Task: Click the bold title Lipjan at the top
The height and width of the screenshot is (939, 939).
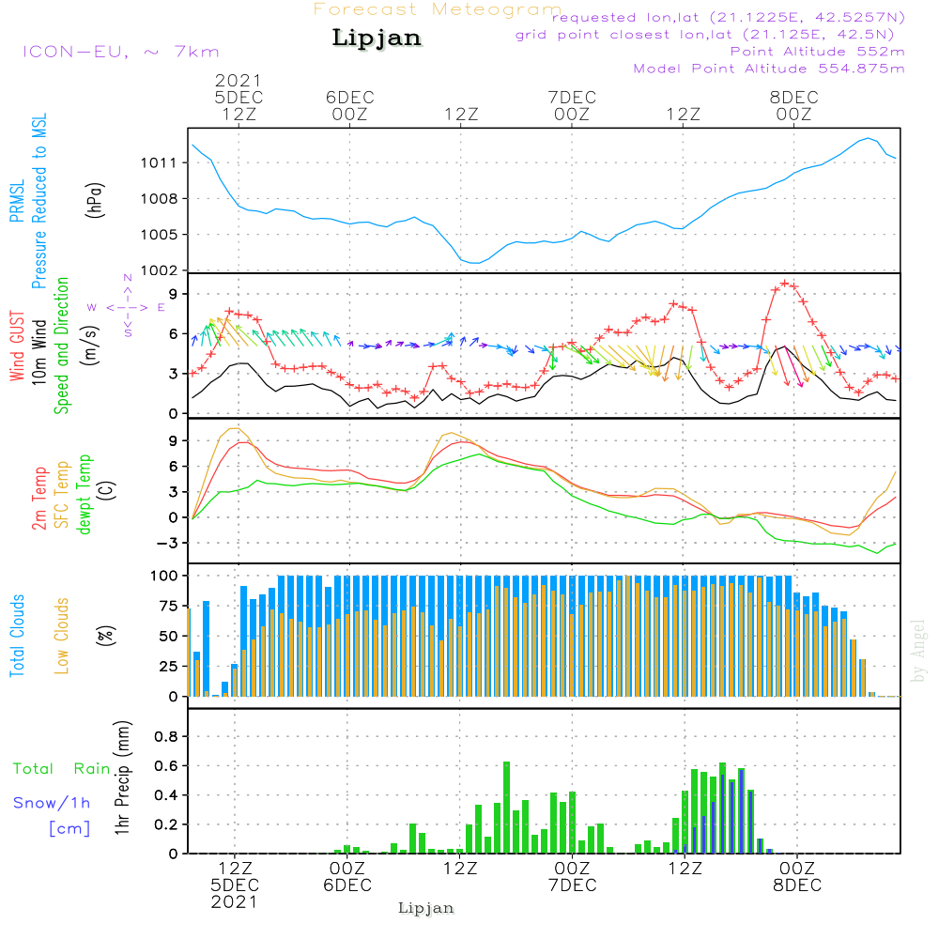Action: pos(377,38)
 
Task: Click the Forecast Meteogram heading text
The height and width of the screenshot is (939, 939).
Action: pos(438,9)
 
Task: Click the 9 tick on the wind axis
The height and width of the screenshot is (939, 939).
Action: pos(173,294)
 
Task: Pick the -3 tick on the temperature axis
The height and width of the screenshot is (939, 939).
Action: pos(167,543)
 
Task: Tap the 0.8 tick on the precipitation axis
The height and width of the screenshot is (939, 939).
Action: pos(165,736)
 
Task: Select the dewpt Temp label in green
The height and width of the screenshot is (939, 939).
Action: pos(85,495)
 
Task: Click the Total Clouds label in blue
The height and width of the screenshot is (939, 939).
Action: pos(17,636)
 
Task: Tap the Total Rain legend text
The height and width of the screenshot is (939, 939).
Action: pos(62,769)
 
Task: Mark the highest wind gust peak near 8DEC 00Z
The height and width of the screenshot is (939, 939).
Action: pos(785,283)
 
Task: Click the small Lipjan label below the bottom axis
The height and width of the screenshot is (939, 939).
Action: pos(426,908)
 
